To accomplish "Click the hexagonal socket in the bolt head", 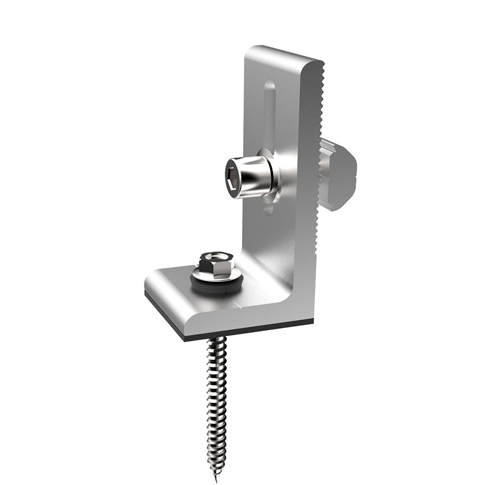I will click(232, 177).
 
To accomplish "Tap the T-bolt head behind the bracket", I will click(340, 171).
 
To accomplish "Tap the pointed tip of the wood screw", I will click(216, 478).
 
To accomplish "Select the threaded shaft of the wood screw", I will click(217, 399).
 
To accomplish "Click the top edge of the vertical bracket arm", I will click(285, 54).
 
